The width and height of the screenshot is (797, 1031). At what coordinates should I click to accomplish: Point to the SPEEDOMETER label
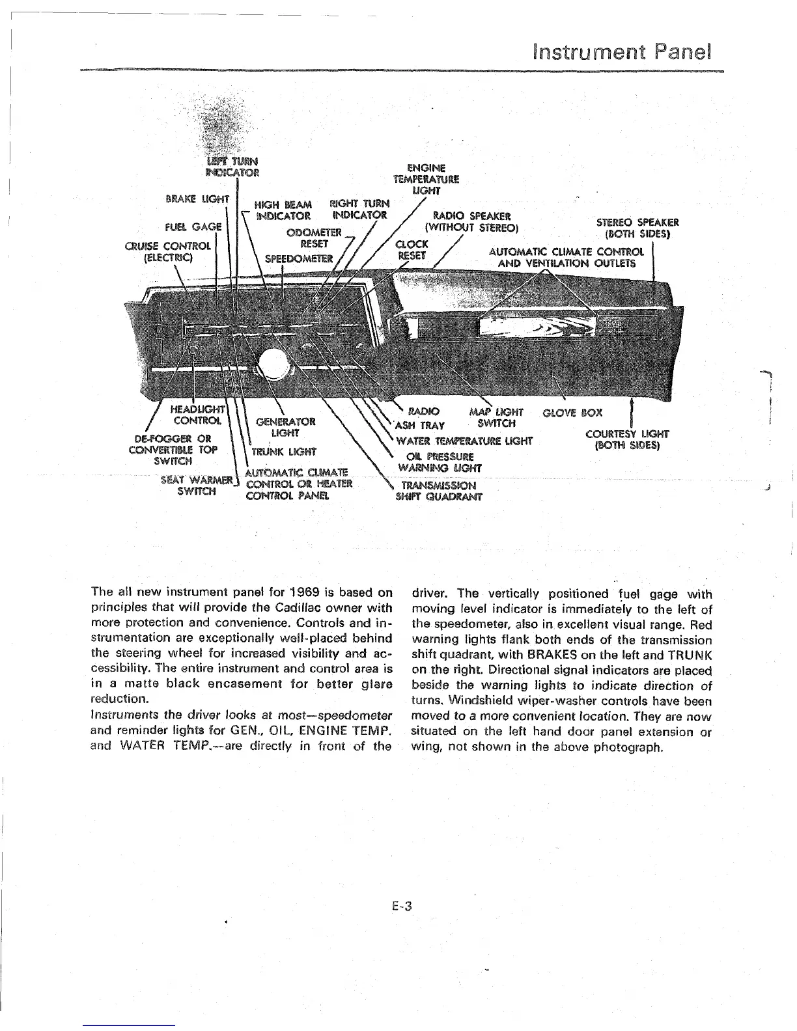[x=299, y=258]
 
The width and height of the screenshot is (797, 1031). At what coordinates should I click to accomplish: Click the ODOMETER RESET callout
[x=313, y=238]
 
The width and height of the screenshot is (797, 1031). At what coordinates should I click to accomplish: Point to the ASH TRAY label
[x=420, y=426]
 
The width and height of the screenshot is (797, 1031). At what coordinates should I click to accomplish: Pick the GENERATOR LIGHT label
[x=284, y=426]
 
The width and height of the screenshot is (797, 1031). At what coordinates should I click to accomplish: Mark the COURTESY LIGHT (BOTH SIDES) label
[x=628, y=440]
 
